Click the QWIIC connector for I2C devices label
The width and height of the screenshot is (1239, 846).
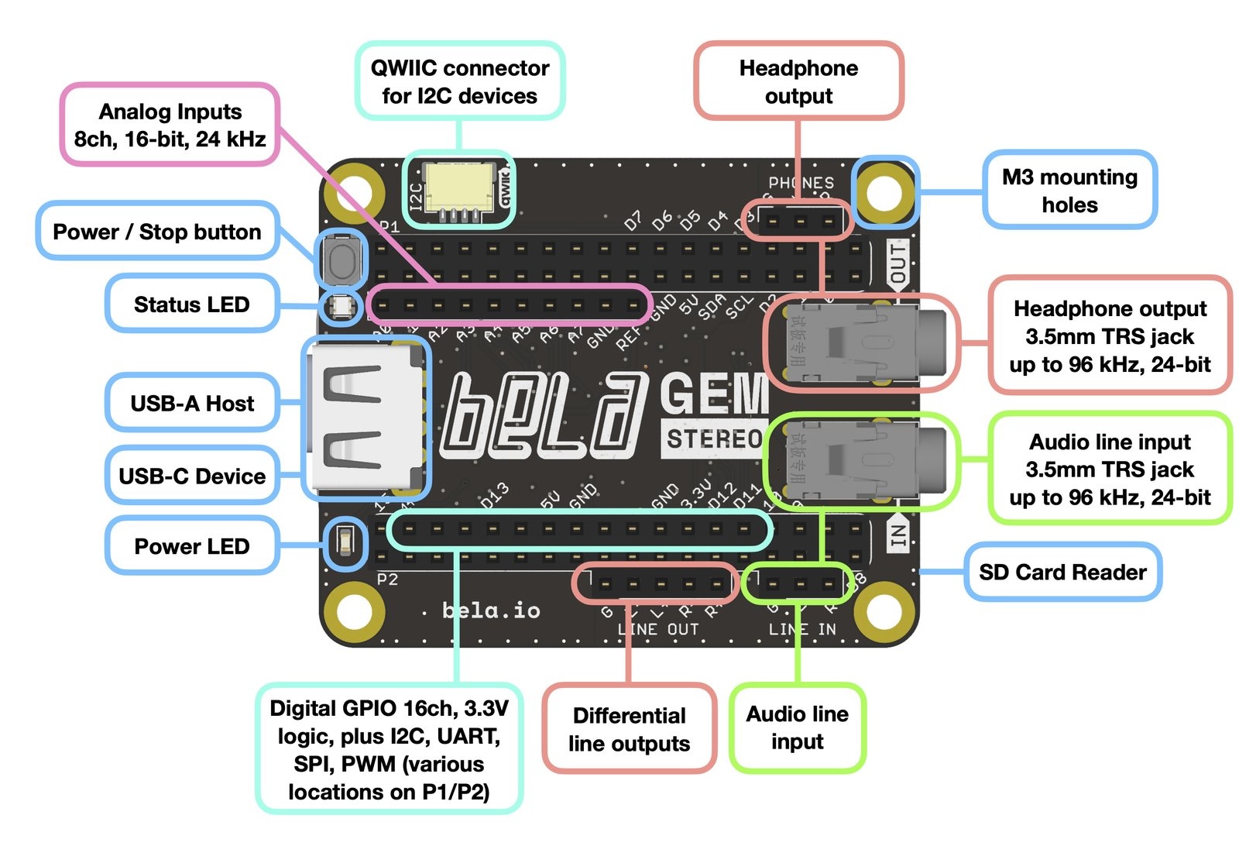click(x=460, y=81)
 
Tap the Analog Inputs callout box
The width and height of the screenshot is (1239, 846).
click(x=170, y=125)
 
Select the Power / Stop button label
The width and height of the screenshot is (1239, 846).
click(x=157, y=232)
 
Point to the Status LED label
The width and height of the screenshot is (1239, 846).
click(x=191, y=304)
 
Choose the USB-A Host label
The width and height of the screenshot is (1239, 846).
click(x=192, y=403)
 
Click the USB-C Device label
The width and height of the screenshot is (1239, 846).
click(x=192, y=476)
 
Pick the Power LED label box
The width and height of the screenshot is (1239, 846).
click(x=192, y=546)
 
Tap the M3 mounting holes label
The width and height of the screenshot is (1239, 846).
click(x=1069, y=191)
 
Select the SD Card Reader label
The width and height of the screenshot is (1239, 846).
click(x=1062, y=572)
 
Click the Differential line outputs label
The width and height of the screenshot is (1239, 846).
click(x=629, y=729)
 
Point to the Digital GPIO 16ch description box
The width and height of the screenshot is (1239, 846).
click(x=389, y=749)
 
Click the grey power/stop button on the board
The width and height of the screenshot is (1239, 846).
click(x=341, y=259)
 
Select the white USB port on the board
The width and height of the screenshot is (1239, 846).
click(x=364, y=418)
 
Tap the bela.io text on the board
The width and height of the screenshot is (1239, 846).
click(x=491, y=610)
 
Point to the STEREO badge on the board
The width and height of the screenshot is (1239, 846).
click(x=714, y=439)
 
